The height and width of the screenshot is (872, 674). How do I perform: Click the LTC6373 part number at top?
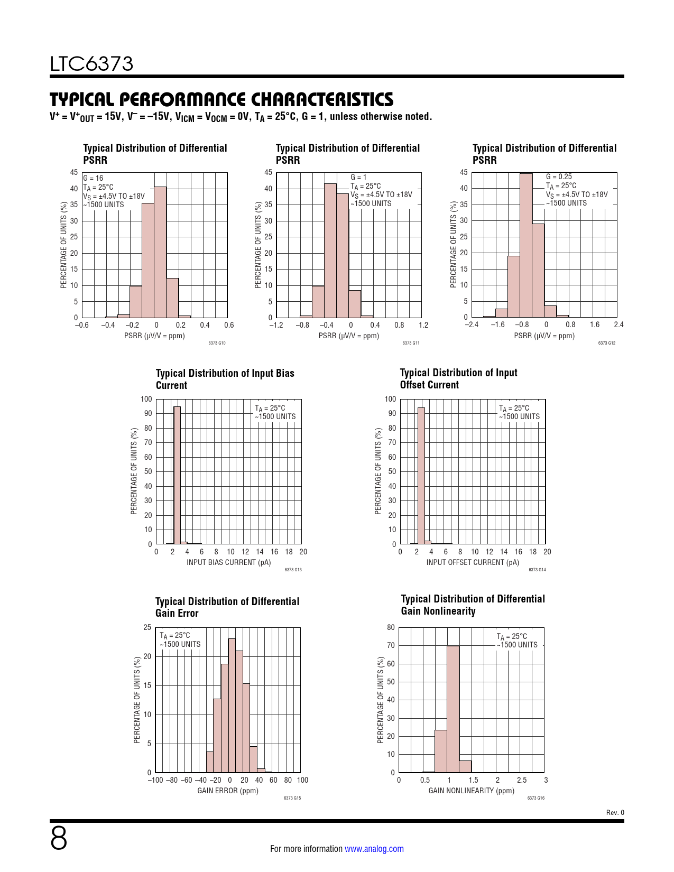[91, 64]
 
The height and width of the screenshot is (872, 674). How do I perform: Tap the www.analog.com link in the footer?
[374, 849]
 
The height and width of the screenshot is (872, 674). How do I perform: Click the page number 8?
[59, 838]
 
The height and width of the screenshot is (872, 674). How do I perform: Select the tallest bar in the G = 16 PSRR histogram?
[160, 252]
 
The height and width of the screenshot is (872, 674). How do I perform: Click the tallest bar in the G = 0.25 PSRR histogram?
[526, 245]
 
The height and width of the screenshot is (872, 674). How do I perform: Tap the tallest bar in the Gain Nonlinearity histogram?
[453, 709]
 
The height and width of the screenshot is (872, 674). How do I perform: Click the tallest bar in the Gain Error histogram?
[232, 706]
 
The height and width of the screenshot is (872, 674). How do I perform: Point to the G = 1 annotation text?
[358, 178]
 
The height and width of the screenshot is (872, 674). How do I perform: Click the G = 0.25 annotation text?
[559, 177]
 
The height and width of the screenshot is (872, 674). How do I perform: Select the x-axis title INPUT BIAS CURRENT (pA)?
[228, 562]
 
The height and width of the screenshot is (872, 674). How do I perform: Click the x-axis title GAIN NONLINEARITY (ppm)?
[471, 791]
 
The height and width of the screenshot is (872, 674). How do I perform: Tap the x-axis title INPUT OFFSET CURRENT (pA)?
[473, 562]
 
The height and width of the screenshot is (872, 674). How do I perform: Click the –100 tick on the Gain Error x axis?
[155, 780]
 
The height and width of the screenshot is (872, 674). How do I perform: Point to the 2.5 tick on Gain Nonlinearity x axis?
[522, 780]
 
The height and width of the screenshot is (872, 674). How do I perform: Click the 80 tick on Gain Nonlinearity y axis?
[391, 627]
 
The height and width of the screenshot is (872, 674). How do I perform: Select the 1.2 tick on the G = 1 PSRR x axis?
[423, 325]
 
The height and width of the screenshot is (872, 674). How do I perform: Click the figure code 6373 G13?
[293, 570]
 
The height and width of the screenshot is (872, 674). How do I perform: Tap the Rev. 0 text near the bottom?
[615, 813]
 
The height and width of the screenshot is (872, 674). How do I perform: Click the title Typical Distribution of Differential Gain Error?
[227, 607]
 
